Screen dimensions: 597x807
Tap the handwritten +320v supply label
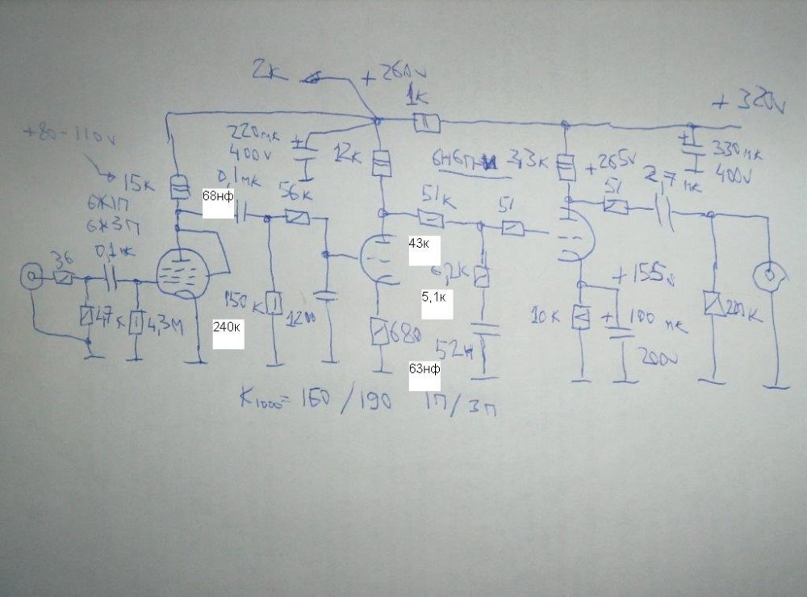[749, 102]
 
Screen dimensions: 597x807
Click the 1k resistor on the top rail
[426, 123]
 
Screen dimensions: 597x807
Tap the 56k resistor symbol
[296, 217]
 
